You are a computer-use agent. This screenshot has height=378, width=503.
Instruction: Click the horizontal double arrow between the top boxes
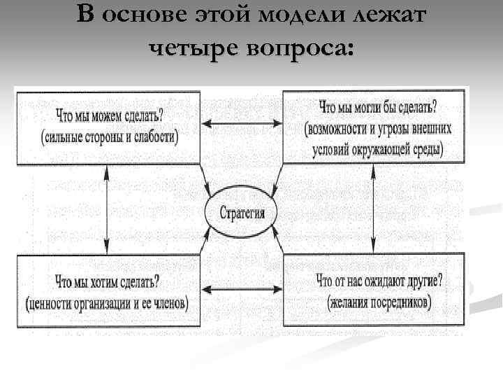241,125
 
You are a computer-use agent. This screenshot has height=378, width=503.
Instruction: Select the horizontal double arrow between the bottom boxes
241,287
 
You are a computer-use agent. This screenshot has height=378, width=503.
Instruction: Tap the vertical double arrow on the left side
106,211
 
